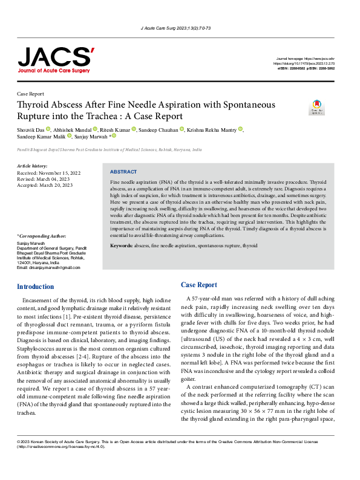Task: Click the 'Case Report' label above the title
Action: coord(30,94)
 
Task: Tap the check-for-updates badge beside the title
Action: coord(316,108)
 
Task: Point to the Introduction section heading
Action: coord(35,287)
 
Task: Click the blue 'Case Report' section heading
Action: coord(198,285)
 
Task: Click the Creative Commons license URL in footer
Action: coord(61,464)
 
